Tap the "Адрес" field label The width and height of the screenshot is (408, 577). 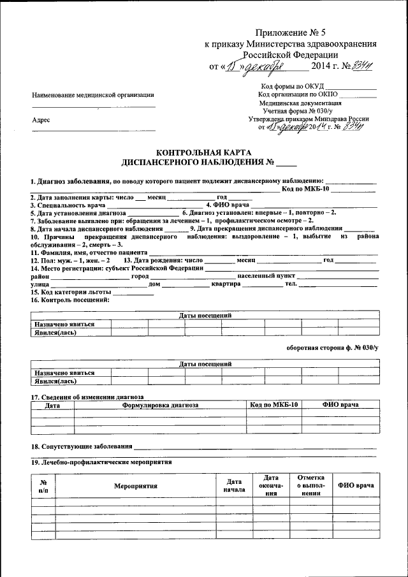(41, 120)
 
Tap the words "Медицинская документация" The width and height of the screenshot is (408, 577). (300, 103)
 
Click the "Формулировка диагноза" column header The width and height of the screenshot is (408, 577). (159, 405)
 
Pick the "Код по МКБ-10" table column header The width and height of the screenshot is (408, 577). (274, 405)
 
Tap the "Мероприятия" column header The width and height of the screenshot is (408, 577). (136, 485)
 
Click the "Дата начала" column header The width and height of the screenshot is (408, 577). (229, 485)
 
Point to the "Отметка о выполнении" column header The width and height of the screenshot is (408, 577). (310, 485)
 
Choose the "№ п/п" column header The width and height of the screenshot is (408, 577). (43, 485)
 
